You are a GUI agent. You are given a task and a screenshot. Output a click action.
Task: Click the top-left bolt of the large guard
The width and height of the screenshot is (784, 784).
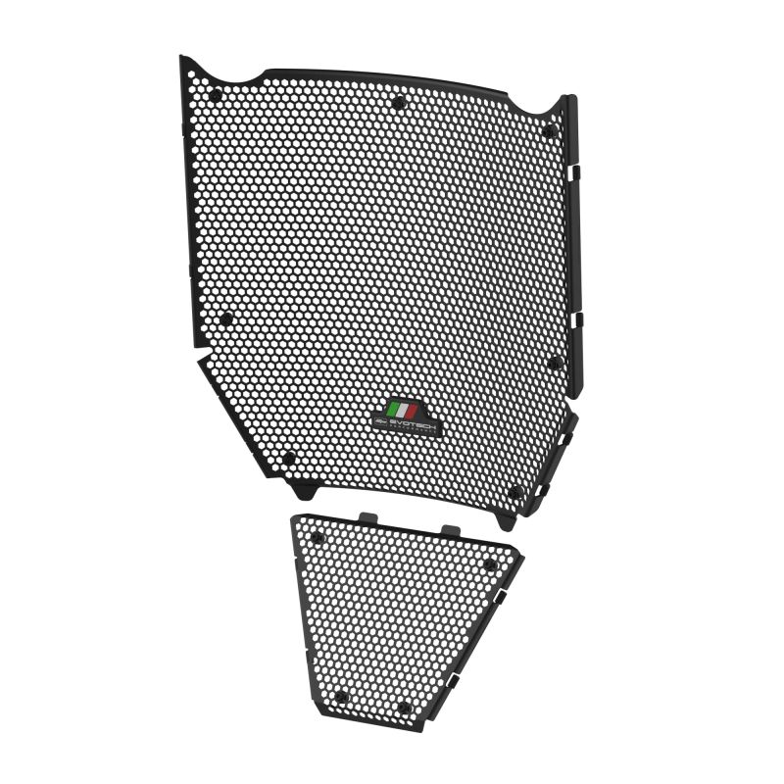(x=216, y=95)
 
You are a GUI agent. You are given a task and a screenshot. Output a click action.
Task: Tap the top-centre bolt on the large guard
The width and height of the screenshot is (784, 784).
(x=397, y=103)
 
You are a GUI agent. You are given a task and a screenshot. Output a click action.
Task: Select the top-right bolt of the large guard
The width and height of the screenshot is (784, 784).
(x=549, y=130)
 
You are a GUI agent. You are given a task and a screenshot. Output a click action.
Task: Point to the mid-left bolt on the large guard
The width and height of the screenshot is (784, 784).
(x=226, y=318)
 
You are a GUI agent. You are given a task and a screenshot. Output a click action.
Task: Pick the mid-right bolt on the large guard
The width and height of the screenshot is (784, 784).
(x=554, y=364)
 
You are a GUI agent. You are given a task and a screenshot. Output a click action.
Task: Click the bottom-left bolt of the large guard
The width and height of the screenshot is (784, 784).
(x=288, y=458)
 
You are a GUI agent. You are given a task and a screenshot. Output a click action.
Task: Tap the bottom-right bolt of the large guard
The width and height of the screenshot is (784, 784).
(x=515, y=492)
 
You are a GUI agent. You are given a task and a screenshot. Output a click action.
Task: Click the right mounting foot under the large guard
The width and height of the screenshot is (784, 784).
(x=507, y=521)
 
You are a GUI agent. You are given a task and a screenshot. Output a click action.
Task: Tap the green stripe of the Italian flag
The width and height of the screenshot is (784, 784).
(x=393, y=409)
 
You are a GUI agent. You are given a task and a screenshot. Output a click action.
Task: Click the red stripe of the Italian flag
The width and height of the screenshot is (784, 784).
(x=413, y=409)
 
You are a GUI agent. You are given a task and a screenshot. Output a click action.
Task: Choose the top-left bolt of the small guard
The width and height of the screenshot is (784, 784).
(x=318, y=537)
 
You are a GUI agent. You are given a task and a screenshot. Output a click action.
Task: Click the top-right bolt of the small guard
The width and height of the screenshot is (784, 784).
(x=489, y=564)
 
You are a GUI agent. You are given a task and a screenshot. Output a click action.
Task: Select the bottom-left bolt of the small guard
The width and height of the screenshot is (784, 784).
(x=340, y=697)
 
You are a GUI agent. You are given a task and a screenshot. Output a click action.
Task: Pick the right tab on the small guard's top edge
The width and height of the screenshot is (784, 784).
(x=450, y=530)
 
